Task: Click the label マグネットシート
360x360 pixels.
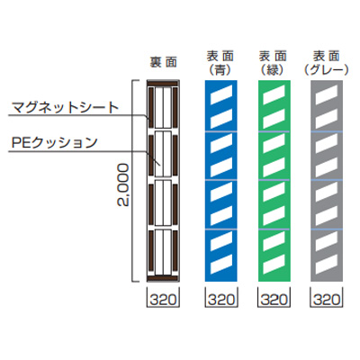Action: (66, 108)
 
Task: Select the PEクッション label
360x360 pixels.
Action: (55, 143)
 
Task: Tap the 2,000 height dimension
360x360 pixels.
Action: (123, 184)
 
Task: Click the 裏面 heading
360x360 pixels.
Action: (164, 62)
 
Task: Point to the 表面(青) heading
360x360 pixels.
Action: (220, 63)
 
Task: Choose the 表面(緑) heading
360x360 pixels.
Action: (273, 63)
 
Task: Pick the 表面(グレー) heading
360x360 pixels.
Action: (326, 63)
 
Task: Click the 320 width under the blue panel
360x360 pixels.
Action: (220, 300)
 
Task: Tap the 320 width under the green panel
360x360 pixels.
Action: (274, 300)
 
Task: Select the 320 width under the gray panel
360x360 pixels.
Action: (327, 300)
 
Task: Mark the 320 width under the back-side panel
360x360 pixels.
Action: (163, 300)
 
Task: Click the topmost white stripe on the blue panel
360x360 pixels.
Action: (221, 94)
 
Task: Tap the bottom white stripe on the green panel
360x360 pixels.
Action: (274, 265)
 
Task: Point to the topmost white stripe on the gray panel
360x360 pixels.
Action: (327, 94)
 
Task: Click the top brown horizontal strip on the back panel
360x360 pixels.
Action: (163, 84)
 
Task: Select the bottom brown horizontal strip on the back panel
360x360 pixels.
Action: (163, 278)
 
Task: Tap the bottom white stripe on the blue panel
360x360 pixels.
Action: (221, 265)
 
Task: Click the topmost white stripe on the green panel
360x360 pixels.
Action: (274, 94)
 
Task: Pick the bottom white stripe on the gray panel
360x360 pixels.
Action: (327, 265)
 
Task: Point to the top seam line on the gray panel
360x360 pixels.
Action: (327, 131)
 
